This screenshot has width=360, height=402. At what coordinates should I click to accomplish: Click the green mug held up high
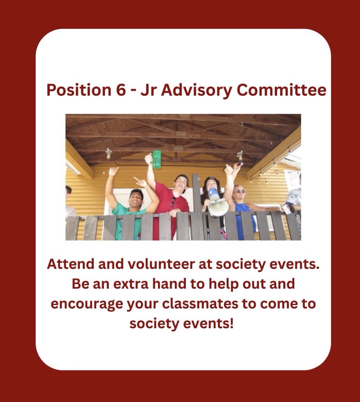coord(156,159)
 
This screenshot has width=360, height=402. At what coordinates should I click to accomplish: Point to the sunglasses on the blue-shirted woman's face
coord(241,191)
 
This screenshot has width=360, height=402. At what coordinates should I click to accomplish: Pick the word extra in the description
coord(130,284)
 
